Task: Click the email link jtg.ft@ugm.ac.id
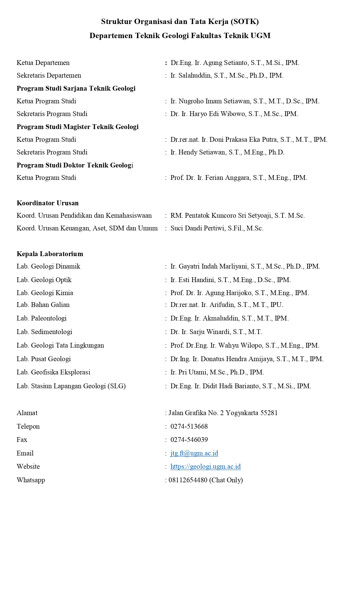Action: (194, 453)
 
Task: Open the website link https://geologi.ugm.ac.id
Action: (206, 466)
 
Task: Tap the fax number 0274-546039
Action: (189, 440)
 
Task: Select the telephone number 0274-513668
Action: (189, 426)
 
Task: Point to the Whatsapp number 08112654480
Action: (188, 480)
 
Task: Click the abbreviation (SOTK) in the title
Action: (245, 22)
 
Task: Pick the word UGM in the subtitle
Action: (262, 36)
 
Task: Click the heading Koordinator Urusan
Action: (48, 203)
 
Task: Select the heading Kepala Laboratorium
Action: (50, 254)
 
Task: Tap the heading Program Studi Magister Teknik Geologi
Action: (78, 127)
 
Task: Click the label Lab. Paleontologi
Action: (42, 318)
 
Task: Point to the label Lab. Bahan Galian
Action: (43, 305)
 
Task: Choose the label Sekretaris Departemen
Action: (49, 75)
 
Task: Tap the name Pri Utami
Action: (192, 372)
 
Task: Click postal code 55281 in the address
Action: (269, 413)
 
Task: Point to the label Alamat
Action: (27, 413)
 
